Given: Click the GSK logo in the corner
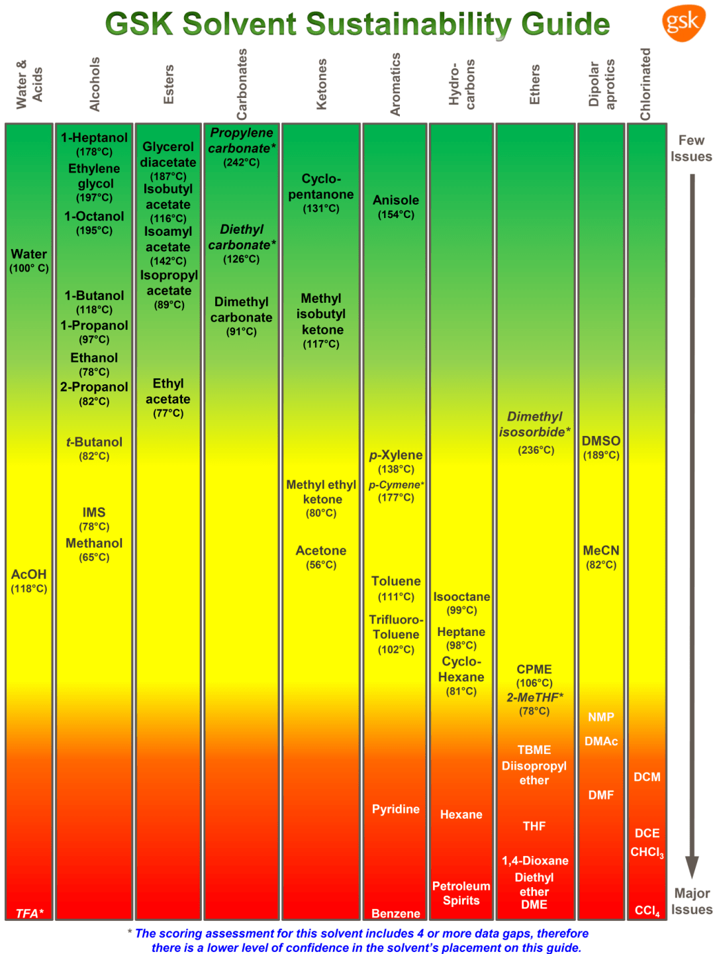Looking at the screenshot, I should click(683, 23).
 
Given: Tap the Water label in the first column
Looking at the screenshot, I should click(29, 254).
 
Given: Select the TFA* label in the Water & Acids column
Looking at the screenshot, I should click(29, 914).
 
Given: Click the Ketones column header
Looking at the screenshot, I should click(322, 84).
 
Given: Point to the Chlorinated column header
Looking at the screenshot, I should click(645, 84).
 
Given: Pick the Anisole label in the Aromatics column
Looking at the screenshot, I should click(396, 200).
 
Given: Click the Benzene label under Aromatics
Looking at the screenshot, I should click(396, 914).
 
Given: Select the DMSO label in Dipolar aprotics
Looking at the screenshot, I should click(601, 441).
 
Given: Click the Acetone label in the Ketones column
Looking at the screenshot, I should click(321, 551).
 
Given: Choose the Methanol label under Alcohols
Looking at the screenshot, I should click(94, 543).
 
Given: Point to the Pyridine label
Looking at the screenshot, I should click(396, 809).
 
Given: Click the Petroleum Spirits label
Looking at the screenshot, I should click(461, 893).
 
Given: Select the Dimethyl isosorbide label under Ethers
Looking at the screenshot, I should click(534, 424).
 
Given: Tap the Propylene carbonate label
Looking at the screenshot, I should click(242, 140).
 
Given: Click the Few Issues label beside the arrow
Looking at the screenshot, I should click(691, 148).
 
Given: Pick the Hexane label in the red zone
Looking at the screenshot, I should click(461, 815).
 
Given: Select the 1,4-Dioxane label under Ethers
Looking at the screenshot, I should click(535, 861).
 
